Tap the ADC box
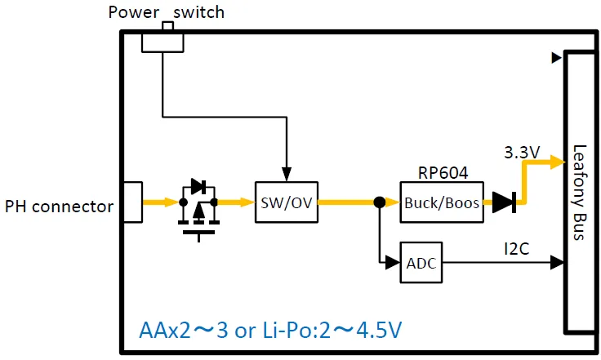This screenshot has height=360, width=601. pyautogui.click(x=421, y=263)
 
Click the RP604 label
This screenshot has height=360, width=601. pyautogui.click(x=441, y=173)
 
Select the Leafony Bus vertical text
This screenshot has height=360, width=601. pyautogui.click(x=580, y=192)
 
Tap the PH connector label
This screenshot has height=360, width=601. pyautogui.click(x=59, y=207)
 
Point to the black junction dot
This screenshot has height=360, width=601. pyautogui.click(x=379, y=202)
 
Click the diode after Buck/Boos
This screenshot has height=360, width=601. pyautogui.click(x=504, y=202)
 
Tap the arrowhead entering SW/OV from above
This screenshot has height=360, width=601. pyautogui.click(x=286, y=174)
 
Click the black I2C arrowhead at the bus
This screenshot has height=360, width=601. pyautogui.click(x=557, y=263)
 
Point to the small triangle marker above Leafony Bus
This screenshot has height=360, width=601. pyautogui.click(x=556, y=58)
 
